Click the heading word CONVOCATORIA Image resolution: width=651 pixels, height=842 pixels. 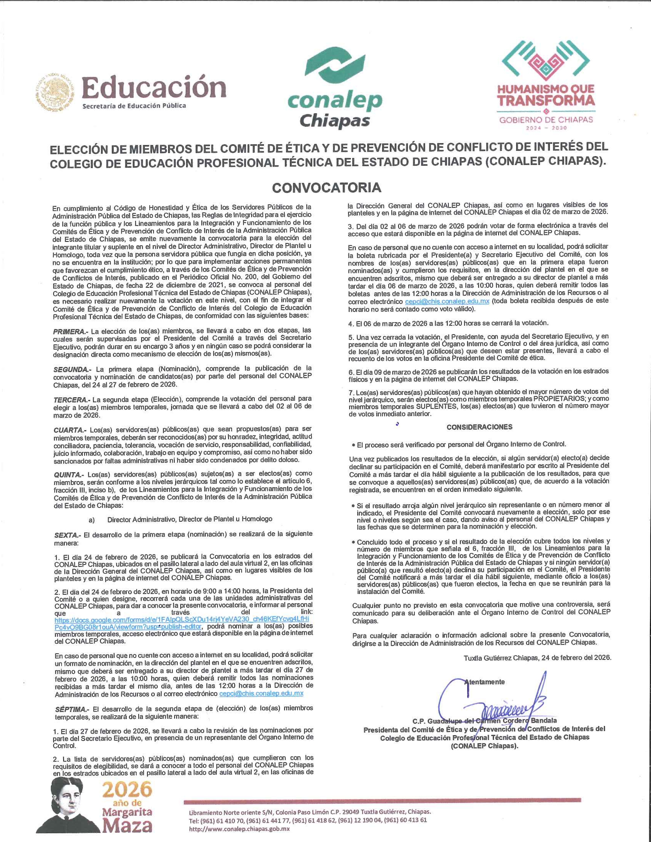coord(326,188)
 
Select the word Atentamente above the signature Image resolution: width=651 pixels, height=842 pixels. coord(485,682)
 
